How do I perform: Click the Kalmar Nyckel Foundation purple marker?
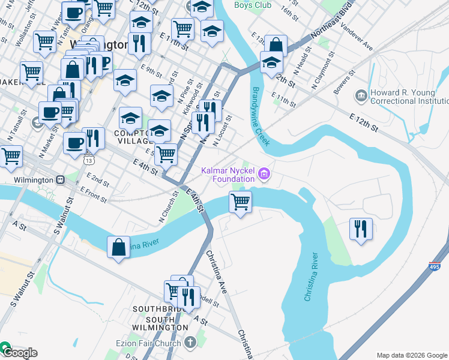click(263, 175)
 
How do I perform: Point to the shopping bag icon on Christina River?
click(118, 247)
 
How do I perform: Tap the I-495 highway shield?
click(435, 266)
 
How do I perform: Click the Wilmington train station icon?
click(60, 179)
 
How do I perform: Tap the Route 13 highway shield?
click(89, 160)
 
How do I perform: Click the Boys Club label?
click(253, 5)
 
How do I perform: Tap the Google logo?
click(19, 352)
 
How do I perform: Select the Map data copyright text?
click(412, 355)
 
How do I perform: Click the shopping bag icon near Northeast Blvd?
click(275, 46)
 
